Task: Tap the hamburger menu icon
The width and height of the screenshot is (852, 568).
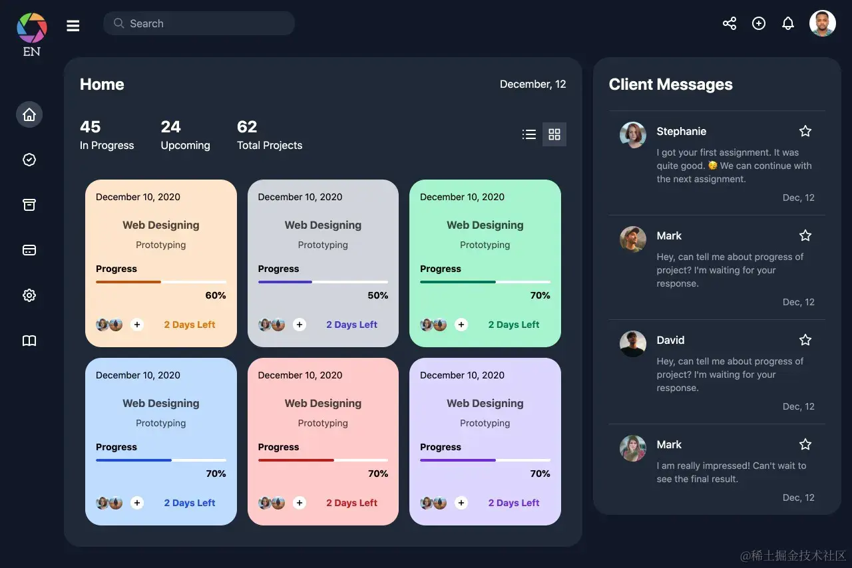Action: point(73,25)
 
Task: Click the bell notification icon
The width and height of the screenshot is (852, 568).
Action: point(788,23)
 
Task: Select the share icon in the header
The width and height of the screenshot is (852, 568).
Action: point(730,23)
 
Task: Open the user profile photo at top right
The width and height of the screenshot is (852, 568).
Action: point(823,23)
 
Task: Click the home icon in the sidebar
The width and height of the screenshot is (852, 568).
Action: point(29,114)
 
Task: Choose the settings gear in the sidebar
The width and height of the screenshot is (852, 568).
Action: point(29,295)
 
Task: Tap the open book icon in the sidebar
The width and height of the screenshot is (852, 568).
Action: point(29,341)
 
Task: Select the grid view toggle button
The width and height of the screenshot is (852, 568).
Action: point(554,134)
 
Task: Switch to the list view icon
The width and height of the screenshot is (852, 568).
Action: point(529,134)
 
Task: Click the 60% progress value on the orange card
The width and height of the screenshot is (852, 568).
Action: point(215,295)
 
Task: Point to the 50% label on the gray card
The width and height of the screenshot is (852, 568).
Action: point(377,295)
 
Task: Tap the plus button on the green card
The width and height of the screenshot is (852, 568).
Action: point(461,325)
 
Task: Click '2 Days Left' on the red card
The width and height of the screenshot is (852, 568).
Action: point(351,503)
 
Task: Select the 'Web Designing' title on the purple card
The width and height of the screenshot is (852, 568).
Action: point(485,403)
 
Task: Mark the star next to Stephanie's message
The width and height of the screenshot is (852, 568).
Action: point(805,131)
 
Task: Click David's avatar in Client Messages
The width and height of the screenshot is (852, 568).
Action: point(632,344)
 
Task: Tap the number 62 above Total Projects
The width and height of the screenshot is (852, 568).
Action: point(247,126)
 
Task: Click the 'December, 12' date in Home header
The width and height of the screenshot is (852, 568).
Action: point(532,84)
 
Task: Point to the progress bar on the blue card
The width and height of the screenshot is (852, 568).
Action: point(160,460)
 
